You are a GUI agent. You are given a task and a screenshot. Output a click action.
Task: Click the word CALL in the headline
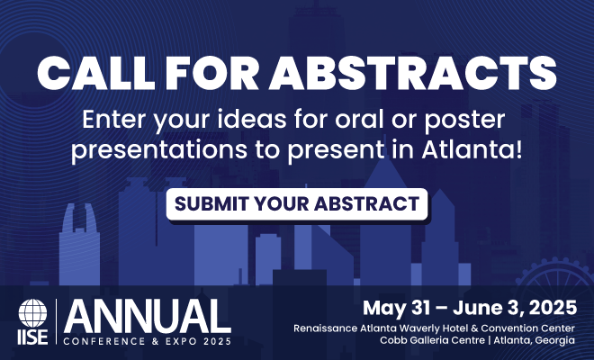(x=96, y=73)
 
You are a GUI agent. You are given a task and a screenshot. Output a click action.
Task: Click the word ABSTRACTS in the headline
(x=412, y=73)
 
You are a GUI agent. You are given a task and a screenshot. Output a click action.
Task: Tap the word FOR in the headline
(x=211, y=73)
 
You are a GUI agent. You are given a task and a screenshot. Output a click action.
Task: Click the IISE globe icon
(x=33, y=313)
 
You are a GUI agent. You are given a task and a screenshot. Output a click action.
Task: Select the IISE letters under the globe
(x=33, y=337)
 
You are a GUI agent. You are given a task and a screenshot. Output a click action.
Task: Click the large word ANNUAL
(x=148, y=316)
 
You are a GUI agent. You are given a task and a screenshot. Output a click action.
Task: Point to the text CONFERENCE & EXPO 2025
(x=148, y=341)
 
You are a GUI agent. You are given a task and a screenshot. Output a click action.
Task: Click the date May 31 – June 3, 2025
(x=470, y=308)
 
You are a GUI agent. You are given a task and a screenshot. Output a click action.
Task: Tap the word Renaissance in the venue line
(x=326, y=328)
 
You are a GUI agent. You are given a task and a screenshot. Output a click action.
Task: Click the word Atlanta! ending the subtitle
(x=472, y=149)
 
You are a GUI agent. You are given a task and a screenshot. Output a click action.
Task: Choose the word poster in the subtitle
(x=464, y=121)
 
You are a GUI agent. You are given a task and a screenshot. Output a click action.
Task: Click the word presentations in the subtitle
(x=159, y=151)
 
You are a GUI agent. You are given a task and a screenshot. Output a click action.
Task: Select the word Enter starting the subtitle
(x=113, y=120)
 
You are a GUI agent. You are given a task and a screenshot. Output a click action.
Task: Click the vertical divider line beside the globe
(x=56, y=321)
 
